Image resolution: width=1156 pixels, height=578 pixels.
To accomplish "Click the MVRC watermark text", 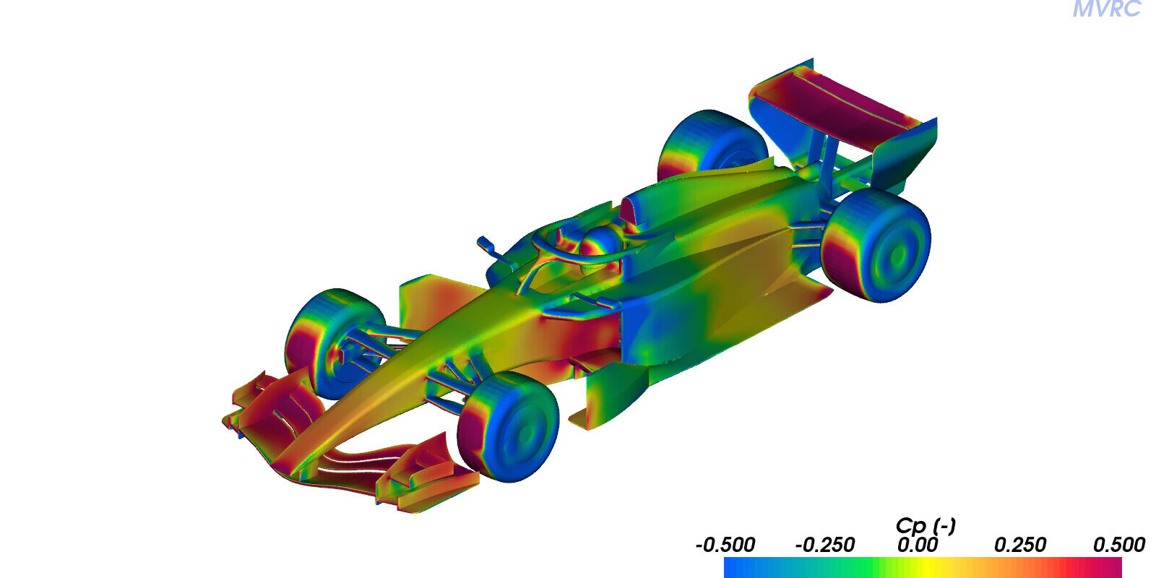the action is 1106,9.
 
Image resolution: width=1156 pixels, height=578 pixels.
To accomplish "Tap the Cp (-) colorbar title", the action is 926,525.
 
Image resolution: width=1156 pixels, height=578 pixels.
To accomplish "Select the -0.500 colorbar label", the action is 725,545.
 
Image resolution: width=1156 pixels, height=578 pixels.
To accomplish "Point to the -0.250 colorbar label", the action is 824,545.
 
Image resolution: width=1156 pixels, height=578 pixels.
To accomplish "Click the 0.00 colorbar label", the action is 917,545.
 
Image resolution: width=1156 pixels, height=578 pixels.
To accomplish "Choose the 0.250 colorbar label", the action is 1019,545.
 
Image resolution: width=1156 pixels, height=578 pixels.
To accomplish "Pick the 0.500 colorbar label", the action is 1119,545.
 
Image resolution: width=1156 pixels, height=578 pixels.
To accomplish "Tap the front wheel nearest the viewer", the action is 509,427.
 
